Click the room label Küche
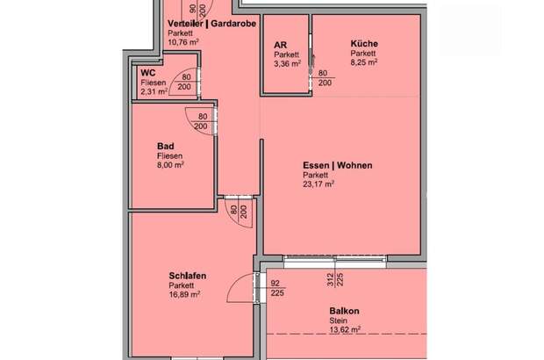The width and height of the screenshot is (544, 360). tap(364, 43)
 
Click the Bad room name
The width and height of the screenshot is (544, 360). tap(164, 146)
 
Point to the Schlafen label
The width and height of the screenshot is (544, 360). tap(187, 276)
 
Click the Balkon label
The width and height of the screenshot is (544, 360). tap(346, 312)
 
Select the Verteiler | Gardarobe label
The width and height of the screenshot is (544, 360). tap(211, 23)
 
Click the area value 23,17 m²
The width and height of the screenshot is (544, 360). tap(318, 184)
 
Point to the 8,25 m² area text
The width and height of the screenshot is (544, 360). tap(365, 63)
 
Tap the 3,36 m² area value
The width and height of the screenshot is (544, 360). tap(288, 63)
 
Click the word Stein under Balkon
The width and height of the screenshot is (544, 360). tap(340, 321)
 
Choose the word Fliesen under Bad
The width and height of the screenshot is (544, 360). tap(170, 155)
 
